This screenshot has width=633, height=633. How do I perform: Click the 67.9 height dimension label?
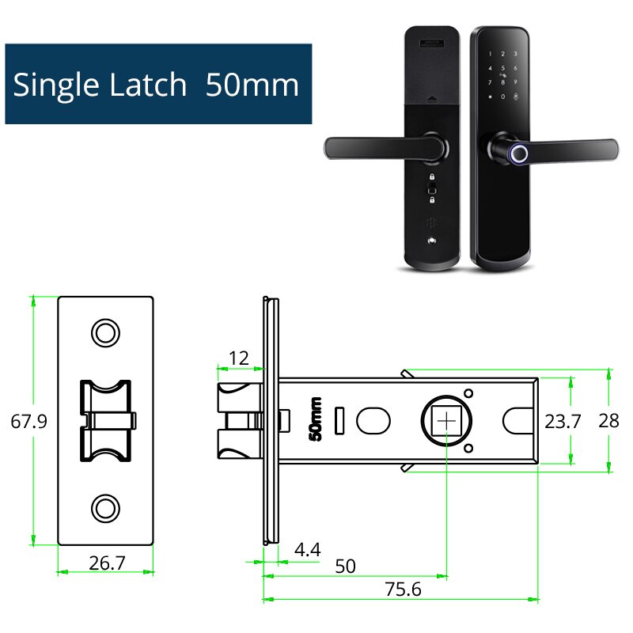click(x=29, y=421)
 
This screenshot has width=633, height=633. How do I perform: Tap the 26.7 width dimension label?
click(x=105, y=563)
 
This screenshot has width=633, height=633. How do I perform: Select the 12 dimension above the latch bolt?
click(x=238, y=358)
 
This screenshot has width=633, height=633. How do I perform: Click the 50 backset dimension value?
click(x=345, y=567)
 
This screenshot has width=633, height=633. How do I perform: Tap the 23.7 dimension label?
click(x=563, y=421)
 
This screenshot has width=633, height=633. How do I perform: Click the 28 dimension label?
click(x=608, y=421)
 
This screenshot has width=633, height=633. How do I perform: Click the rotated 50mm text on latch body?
click(x=315, y=419)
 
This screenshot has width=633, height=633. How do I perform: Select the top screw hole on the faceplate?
click(x=105, y=333)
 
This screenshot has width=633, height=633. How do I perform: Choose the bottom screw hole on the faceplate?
click(x=105, y=507)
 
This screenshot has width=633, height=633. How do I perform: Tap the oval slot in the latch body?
click(x=373, y=420)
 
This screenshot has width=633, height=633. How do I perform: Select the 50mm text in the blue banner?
click(x=252, y=85)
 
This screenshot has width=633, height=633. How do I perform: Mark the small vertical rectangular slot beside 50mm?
click(x=340, y=420)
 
